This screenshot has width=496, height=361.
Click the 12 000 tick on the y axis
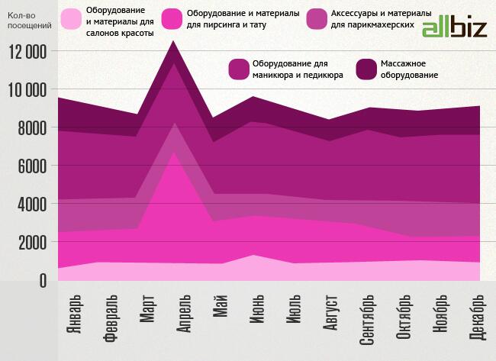[x=27, y=52]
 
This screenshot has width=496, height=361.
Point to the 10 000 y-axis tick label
[x=27, y=90]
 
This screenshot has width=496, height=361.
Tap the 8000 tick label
[x=31, y=128]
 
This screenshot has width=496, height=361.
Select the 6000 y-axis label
[x=31, y=166]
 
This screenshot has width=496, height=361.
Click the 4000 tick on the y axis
[x=31, y=205]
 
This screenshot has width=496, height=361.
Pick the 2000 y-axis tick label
[x=31, y=243]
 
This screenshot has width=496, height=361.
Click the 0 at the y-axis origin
[x=42, y=281]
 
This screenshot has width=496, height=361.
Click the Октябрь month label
[x=404, y=319]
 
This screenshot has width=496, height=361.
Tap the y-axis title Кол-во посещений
[x=29, y=20]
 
